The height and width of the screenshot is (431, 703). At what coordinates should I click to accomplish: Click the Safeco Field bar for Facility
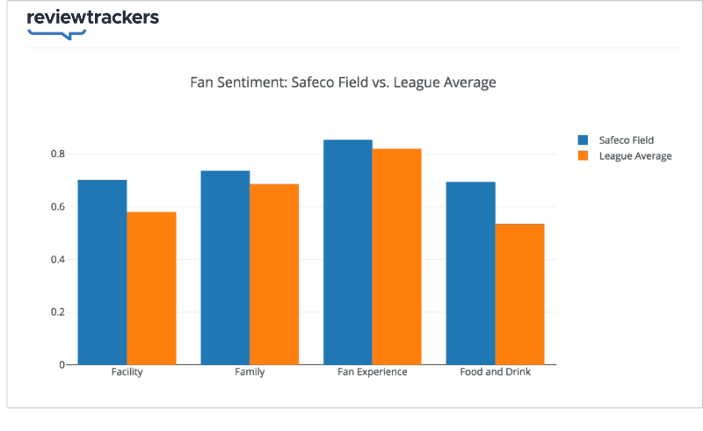coord(102,272)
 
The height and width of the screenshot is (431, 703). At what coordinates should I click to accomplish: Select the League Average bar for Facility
coord(151,288)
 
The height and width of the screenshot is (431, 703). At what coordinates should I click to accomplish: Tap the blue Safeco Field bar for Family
coord(225,268)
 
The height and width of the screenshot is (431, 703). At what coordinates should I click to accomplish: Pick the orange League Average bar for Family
coord(274,274)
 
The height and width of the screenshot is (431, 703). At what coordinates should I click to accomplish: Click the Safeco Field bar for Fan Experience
coord(347,252)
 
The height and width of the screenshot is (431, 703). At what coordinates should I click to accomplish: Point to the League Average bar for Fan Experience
coord(396,256)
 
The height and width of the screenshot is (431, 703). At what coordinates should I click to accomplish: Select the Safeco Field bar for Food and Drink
coord(470,273)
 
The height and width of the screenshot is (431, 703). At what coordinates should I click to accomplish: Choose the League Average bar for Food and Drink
coord(519,294)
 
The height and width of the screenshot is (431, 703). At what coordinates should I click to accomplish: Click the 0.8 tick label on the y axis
coord(58,154)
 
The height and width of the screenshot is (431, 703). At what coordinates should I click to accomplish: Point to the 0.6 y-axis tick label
coord(58,207)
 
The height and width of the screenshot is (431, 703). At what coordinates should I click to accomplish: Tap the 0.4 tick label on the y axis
coord(58,260)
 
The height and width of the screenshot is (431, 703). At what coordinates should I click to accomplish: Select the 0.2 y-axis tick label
coord(58,312)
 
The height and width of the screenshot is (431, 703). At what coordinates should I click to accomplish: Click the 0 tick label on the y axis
coord(62,365)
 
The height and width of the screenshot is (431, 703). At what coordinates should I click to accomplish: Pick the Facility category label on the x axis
coord(127,372)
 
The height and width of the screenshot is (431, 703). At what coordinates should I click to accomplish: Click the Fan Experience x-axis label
coord(373,372)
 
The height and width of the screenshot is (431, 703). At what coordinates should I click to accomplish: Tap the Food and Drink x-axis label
coord(495,372)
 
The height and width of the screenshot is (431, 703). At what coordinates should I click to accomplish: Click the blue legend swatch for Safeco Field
coord(583,140)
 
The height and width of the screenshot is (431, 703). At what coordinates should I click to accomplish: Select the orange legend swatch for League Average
coord(583,156)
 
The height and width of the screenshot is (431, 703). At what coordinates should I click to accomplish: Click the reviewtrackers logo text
coord(92,18)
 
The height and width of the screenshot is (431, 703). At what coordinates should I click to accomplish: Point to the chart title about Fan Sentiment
coord(344,83)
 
